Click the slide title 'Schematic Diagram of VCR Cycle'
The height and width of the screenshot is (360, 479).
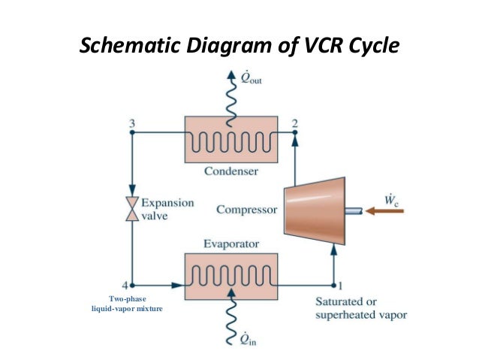pos(239,47)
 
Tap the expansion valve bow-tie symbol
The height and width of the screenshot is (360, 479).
pos(132,209)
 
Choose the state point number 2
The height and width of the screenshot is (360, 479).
pos(295,123)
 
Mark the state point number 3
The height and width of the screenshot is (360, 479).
pos(132,123)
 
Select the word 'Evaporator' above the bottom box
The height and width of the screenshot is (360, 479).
pos(231,244)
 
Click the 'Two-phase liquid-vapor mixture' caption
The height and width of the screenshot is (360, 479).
pos(127,304)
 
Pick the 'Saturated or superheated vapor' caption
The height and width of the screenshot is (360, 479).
pos(360,308)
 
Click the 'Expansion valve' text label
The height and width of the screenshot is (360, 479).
pos(167,209)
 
